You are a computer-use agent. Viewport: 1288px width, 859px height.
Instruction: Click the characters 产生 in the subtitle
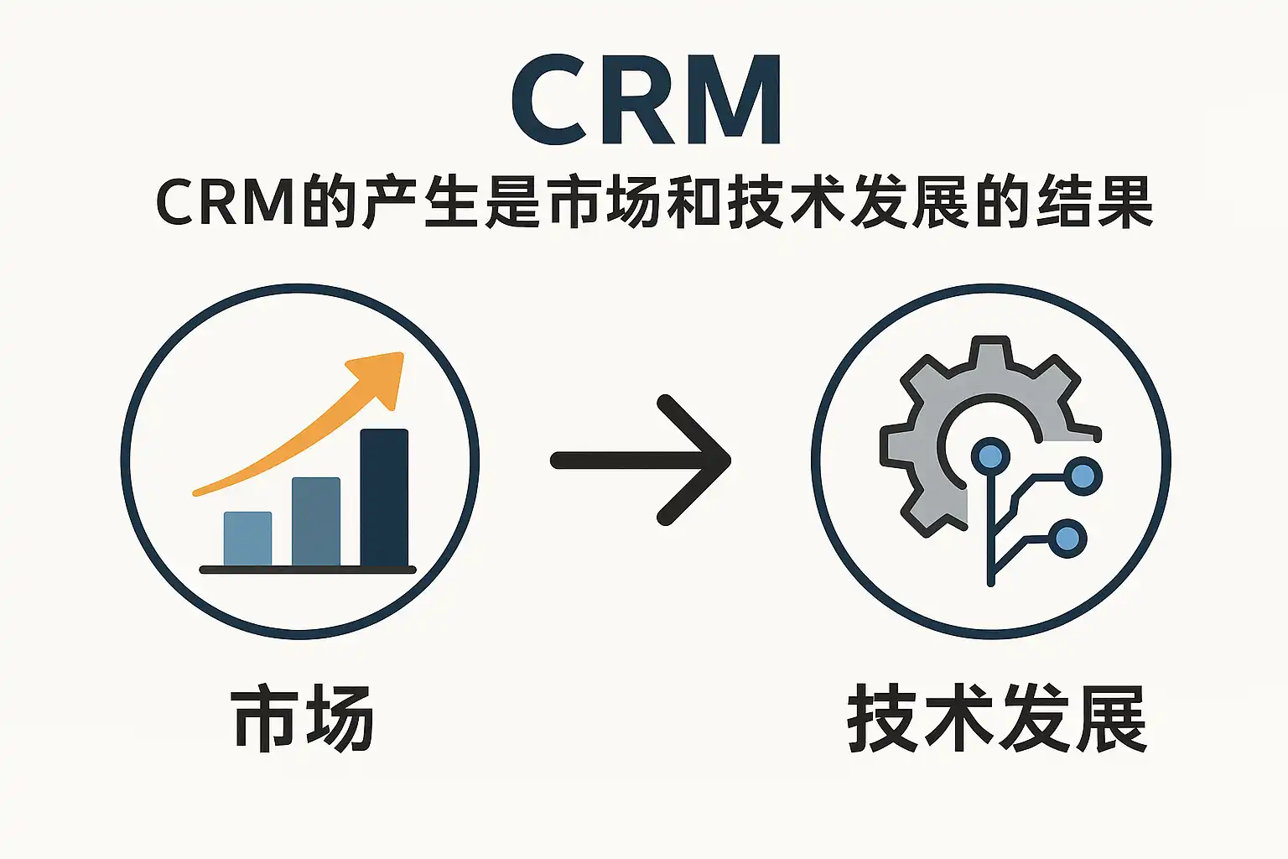coord(423,204)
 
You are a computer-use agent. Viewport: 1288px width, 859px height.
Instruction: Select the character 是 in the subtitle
coord(513,204)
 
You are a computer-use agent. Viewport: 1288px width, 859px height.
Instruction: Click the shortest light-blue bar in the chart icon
coord(247,539)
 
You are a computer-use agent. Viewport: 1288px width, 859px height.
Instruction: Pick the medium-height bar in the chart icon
coord(316,522)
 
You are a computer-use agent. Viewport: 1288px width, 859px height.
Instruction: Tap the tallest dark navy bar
coord(384,498)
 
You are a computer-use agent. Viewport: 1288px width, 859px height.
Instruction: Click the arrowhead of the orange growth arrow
coord(382,377)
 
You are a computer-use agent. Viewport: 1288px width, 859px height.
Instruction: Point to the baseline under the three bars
coord(308,570)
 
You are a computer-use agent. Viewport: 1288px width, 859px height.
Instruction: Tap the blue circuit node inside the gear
coord(990,456)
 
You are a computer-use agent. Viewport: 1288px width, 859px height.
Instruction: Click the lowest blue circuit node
coord(1067,538)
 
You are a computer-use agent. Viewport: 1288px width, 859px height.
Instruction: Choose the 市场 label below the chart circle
coord(302,719)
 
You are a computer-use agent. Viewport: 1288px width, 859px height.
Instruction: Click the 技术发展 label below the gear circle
coord(996,719)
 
